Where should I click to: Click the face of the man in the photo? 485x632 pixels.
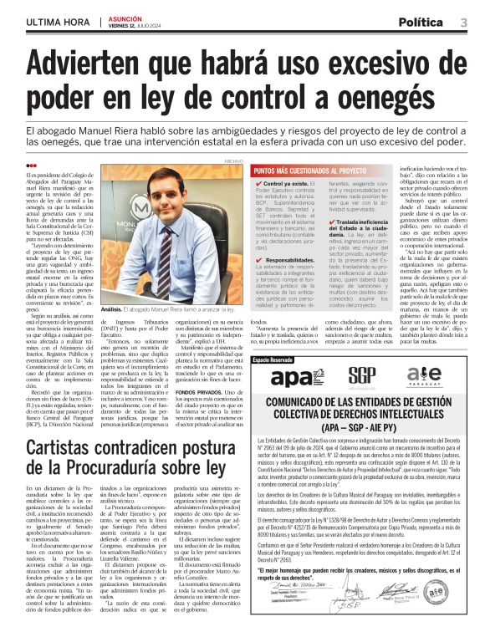(166, 200)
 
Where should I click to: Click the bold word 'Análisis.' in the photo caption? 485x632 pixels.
(113, 309)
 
